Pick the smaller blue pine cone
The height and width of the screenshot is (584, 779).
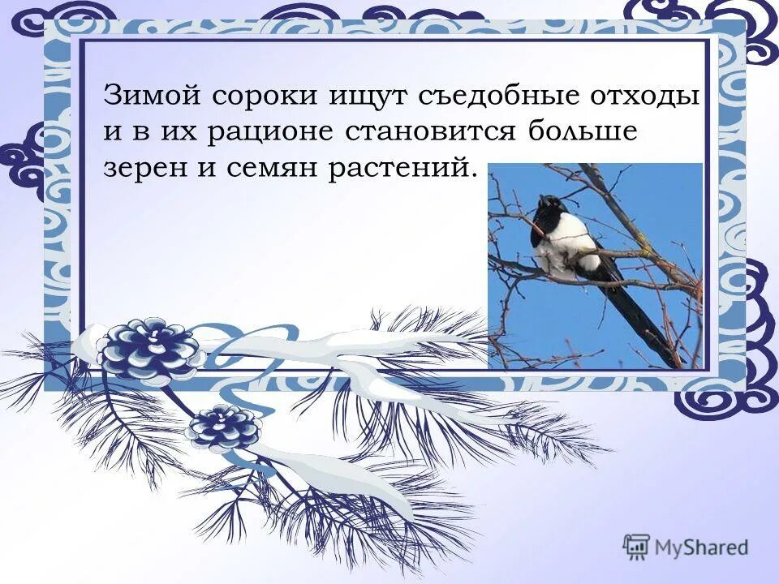pyautogui.click(x=225, y=426)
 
